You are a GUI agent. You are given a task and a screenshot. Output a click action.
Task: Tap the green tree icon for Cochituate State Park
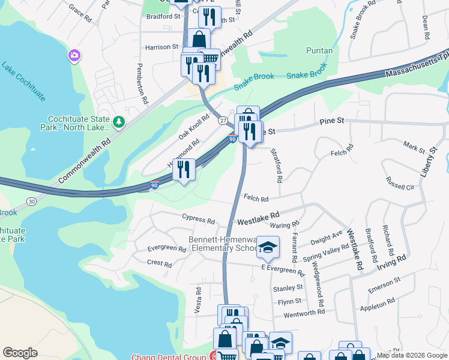click(x=119, y=122)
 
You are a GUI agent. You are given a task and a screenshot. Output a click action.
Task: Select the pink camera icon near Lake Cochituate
click(x=74, y=56)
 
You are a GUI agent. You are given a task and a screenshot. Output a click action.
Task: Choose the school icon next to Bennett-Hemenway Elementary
click(x=268, y=246)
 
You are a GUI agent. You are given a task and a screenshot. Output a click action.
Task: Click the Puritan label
click(x=319, y=51)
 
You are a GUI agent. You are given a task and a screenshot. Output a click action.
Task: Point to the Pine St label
click(x=331, y=121)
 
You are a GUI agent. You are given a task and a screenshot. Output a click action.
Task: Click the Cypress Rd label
click(x=197, y=221)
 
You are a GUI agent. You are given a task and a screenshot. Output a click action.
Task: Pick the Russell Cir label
click(x=400, y=187)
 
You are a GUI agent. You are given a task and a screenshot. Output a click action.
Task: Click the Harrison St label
click(x=162, y=46)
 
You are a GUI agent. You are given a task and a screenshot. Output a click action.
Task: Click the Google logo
click(x=20, y=353)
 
